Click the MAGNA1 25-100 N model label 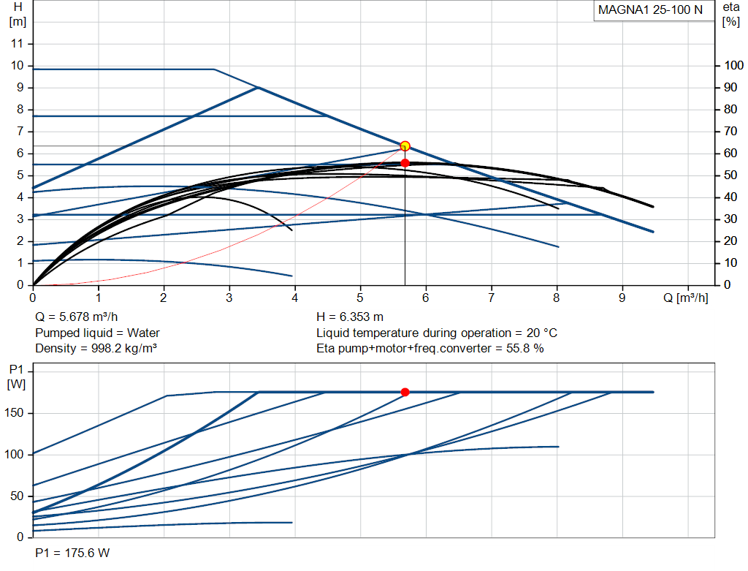[650, 10]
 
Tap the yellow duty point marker [405, 146]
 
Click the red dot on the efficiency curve [405, 163]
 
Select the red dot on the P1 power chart [405, 392]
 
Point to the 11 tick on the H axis [18, 43]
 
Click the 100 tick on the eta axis [733, 65]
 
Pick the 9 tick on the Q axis [622, 298]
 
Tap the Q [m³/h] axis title [685, 298]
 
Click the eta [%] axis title [730, 15]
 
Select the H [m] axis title [18, 15]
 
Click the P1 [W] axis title [16, 377]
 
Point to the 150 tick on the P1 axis [14, 413]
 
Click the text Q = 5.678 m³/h [76, 317]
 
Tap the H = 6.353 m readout [350, 317]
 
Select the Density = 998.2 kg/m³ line [96, 349]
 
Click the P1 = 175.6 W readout [72, 553]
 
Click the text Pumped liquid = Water [97, 333]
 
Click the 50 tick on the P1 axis [18, 496]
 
